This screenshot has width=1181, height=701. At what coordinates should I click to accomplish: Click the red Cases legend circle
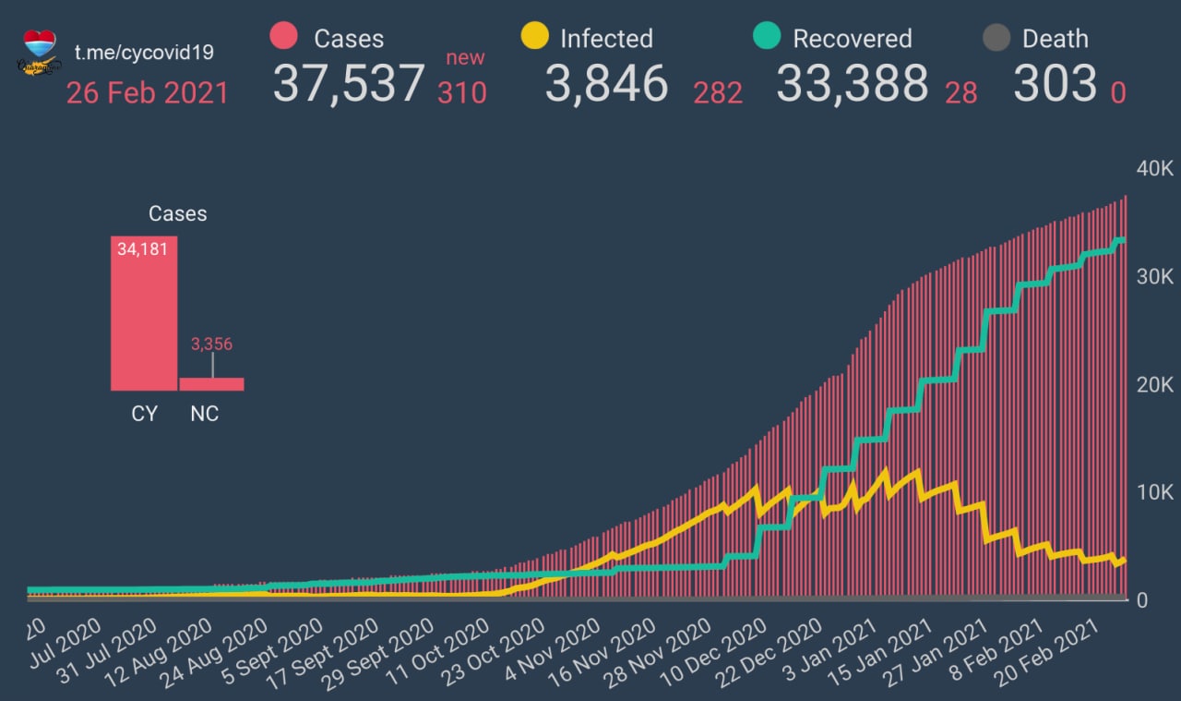click(284, 37)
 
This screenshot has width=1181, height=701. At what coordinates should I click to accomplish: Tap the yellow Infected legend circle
click(534, 37)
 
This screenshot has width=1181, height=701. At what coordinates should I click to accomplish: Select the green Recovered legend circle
click(767, 37)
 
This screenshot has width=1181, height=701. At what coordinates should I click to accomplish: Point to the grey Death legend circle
click(996, 38)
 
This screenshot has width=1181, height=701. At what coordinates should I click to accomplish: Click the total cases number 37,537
click(349, 83)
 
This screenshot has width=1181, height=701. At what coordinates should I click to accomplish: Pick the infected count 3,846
click(606, 83)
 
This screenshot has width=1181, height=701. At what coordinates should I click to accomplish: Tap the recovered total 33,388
click(852, 83)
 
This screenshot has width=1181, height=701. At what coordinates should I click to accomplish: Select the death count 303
click(1055, 83)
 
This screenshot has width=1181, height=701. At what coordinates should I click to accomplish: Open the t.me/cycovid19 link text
click(144, 52)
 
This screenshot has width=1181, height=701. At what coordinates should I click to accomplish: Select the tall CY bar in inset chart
click(143, 314)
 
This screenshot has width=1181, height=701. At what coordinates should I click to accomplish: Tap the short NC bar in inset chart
click(211, 383)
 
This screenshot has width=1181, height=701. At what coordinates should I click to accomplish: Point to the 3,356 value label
click(211, 344)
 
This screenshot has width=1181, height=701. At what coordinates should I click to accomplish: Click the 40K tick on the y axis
click(1154, 169)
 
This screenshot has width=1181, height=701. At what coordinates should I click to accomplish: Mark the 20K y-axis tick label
click(1154, 384)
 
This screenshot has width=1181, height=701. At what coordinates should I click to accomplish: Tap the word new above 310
click(465, 58)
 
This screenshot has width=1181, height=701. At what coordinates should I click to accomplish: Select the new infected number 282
click(718, 93)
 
